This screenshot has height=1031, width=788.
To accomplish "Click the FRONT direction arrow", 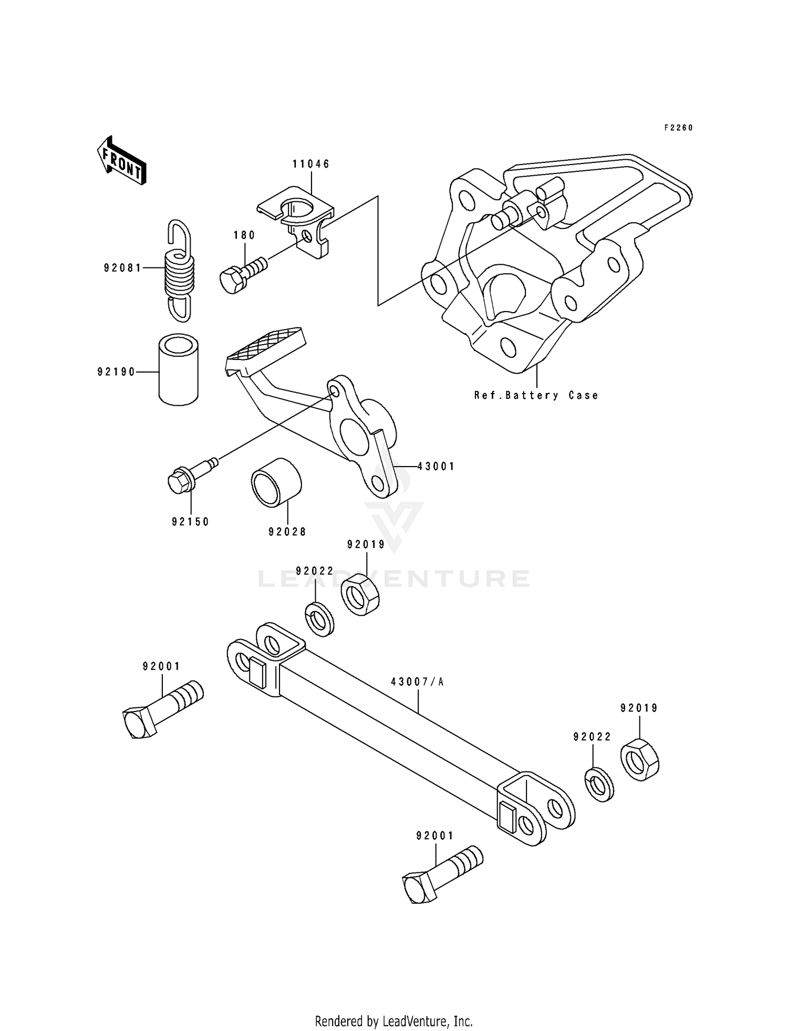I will pyautogui.click(x=121, y=161).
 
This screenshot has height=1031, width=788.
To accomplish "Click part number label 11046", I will pyautogui.click(x=311, y=164).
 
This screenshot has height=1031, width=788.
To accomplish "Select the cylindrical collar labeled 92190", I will pyautogui.click(x=179, y=370).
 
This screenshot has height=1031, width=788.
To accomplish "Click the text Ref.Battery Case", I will pyautogui.click(x=536, y=396).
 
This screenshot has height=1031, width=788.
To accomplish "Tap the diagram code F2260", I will pyautogui.click(x=678, y=128).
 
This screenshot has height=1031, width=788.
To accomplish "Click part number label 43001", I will pyautogui.click(x=436, y=466).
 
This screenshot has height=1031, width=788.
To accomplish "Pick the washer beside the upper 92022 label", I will pyautogui.click(x=319, y=620).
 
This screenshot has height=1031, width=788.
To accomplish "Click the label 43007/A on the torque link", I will pyautogui.click(x=418, y=682).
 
